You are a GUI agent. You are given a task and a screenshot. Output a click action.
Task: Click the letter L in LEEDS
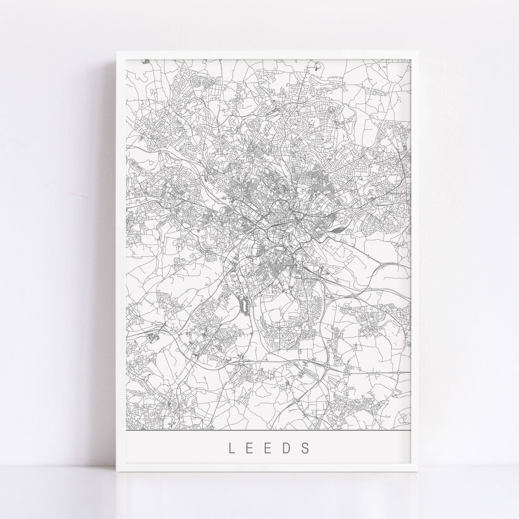pyautogui.click(x=232, y=448)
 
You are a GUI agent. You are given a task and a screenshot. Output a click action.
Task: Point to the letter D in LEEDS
pyautogui.click(x=287, y=448)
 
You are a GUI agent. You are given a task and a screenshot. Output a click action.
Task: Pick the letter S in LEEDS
pyautogui.click(x=306, y=448)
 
